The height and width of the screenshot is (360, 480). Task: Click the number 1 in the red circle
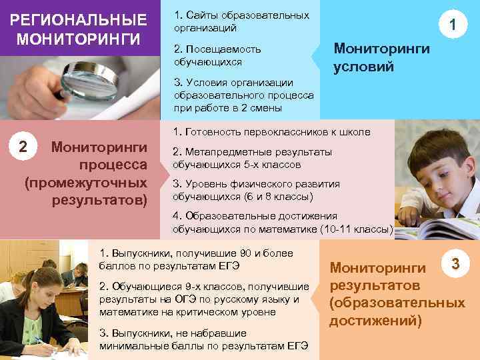[x=453, y=26]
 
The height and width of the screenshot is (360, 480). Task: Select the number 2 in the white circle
[x=23, y=146]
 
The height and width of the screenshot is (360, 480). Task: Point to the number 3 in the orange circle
[x=455, y=264]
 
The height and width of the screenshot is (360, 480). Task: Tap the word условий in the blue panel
[x=364, y=67]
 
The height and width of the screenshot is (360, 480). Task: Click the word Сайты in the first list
[x=199, y=15]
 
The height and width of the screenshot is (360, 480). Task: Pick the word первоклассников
[x=271, y=132]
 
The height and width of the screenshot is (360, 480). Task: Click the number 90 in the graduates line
[x=231, y=254]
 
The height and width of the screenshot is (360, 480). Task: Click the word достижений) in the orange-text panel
[x=376, y=321]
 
